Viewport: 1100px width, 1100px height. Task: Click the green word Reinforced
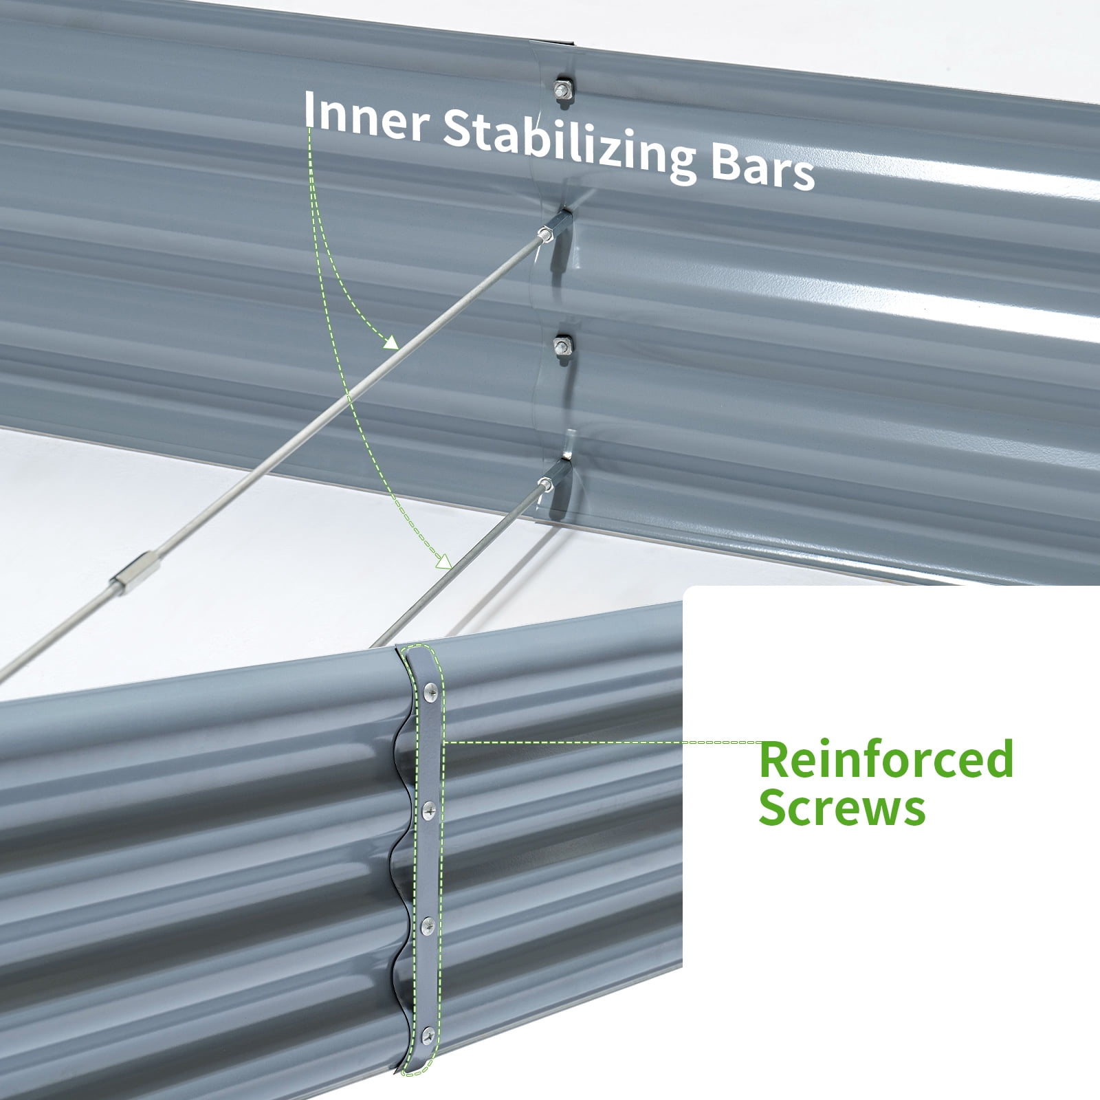(x=886, y=758)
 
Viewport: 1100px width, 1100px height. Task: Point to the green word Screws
(x=842, y=808)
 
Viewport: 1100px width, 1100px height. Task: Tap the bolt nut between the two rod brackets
(x=562, y=345)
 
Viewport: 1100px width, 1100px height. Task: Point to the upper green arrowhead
(x=390, y=342)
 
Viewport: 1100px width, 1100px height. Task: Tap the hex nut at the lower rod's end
(x=544, y=482)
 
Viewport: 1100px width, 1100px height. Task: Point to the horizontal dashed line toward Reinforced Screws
(x=602, y=742)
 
